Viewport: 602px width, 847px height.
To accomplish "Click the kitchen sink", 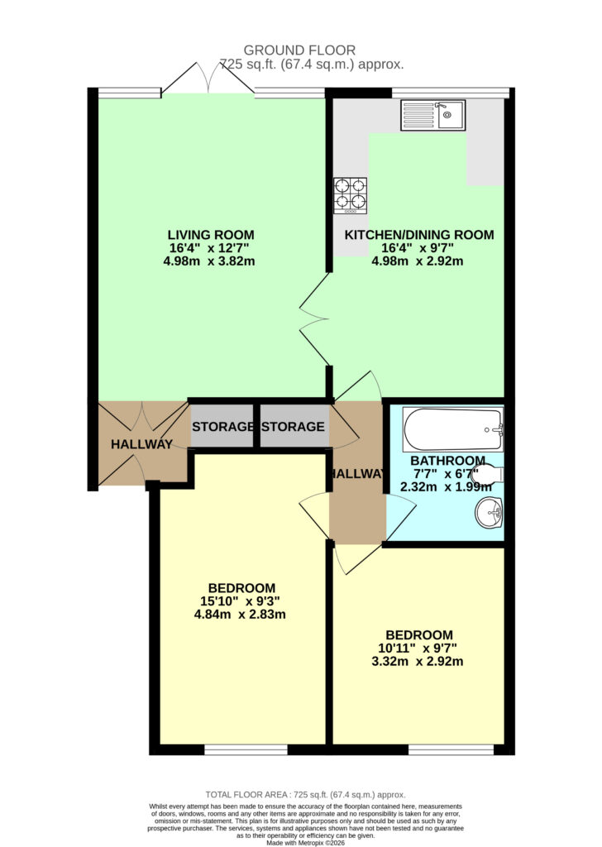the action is point(432,115).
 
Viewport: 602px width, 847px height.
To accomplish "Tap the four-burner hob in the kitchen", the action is point(350,195).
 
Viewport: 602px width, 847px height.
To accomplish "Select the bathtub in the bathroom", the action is point(453,429).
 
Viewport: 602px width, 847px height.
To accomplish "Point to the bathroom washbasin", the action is point(490,513).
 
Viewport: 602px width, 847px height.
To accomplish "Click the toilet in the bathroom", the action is point(488,475).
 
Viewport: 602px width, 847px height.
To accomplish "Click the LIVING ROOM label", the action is point(211,235).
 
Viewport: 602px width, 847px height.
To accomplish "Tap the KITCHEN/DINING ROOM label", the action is point(419,235).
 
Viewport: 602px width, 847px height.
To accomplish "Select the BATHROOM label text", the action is point(447,461).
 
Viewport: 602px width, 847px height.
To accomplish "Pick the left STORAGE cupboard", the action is point(222,426).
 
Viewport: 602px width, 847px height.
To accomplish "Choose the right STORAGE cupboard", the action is point(294,426).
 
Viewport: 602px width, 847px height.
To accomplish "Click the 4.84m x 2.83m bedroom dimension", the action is point(240,615).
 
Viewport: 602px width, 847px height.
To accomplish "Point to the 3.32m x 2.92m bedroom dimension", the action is point(418,661).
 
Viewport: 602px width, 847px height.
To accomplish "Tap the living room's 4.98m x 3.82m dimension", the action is point(209,261).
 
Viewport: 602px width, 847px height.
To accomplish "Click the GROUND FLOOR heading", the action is point(299,50).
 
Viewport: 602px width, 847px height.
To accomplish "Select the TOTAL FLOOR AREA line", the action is point(305,795).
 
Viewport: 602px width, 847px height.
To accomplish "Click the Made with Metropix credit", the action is point(305,842).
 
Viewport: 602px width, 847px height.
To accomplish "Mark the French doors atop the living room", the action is point(208,80).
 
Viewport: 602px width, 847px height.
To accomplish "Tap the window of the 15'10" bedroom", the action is point(246,749).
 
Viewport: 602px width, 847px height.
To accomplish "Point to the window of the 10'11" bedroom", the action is point(451,749).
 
